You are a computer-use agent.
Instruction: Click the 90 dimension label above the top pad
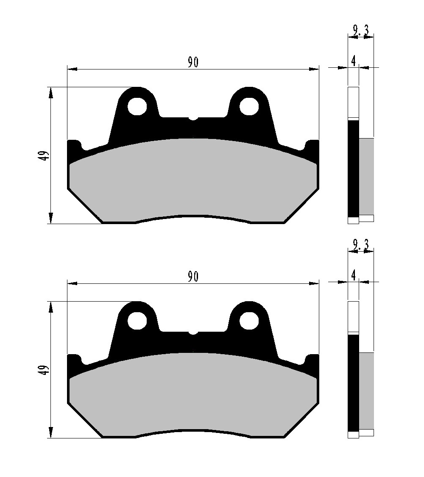pos(193,62)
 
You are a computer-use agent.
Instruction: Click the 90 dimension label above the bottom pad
pos(193,276)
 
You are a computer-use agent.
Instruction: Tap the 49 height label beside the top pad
pos(45,156)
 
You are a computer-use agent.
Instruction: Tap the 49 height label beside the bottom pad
pos(45,370)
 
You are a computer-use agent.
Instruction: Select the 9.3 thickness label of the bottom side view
pos(361,244)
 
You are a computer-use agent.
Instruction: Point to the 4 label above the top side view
pos(353,61)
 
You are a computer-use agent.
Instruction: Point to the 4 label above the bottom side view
pos(353,275)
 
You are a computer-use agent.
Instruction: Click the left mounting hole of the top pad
pos(137,106)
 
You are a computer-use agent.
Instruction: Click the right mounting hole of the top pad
pos(249,106)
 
